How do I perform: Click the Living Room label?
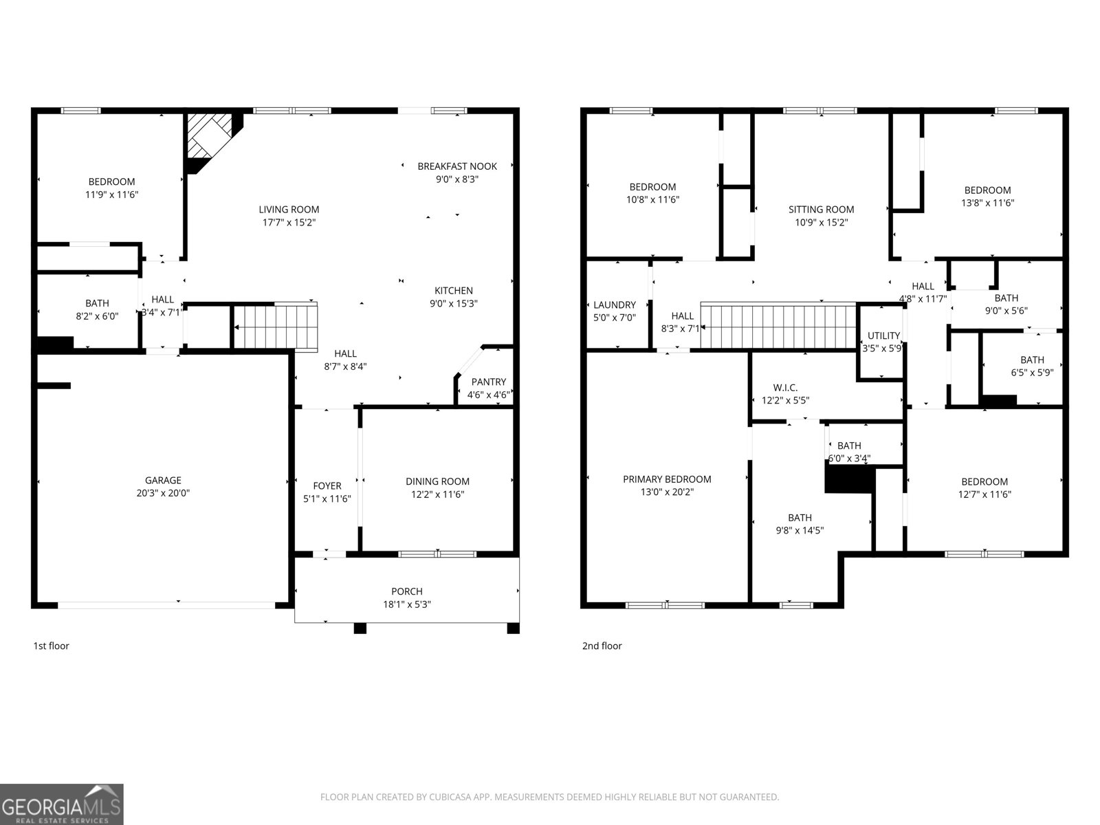(289, 210)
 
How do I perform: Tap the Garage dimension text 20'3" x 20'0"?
(164, 493)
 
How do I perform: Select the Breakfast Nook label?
(457, 166)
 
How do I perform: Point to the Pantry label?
(489, 382)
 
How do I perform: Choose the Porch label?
(407, 591)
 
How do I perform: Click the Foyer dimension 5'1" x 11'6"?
(327, 499)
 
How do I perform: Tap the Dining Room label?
(437, 481)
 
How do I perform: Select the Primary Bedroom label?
(667, 479)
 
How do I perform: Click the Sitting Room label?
(822, 210)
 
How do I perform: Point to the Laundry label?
(615, 305)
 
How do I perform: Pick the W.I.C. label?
(785, 388)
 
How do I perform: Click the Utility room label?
(884, 335)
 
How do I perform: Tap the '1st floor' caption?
(51, 646)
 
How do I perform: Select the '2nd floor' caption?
(602, 646)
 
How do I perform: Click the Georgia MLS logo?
(62, 804)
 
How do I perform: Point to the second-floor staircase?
(778, 326)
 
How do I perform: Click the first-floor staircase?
(276, 327)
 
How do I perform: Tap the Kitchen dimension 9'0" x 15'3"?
(454, 304)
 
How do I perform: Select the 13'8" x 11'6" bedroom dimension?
(988, 203)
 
